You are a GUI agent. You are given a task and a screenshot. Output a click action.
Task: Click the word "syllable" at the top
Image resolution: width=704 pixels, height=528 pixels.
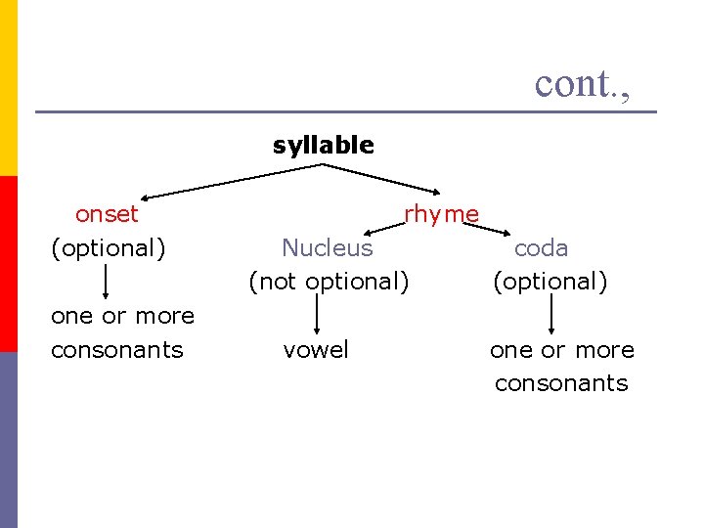(323, 146)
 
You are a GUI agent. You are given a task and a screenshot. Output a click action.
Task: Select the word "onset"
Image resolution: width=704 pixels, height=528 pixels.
(107, 213)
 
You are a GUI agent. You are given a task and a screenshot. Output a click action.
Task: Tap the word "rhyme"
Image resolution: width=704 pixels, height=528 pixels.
(441, 213)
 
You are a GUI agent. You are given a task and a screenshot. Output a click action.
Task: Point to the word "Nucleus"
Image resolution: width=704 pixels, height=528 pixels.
(327, 247)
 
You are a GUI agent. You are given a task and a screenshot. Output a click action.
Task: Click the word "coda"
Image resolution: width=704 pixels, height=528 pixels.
(541, 248)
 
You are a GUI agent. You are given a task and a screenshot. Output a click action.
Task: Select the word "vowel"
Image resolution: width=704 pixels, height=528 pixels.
(315, 349)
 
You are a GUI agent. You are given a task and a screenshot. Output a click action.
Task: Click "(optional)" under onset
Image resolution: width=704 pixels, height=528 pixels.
(108, 247)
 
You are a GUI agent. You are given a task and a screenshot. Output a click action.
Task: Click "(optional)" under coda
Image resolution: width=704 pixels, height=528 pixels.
(550, 282)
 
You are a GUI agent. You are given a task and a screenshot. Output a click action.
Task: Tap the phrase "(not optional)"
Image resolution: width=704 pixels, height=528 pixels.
(328, 282)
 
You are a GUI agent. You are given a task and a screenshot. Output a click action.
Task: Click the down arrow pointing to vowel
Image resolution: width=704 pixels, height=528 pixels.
(316, 315)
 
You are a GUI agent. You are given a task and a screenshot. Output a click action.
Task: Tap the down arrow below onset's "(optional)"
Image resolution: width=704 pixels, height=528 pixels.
(105, 282)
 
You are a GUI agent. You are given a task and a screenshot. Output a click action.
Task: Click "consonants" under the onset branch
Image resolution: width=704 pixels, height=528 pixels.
(116, 349)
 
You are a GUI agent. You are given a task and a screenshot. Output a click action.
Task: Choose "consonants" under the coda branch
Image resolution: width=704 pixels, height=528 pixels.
(561, 383)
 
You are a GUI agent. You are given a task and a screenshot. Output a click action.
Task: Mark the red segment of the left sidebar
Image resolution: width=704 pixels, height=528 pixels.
(9, 264)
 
